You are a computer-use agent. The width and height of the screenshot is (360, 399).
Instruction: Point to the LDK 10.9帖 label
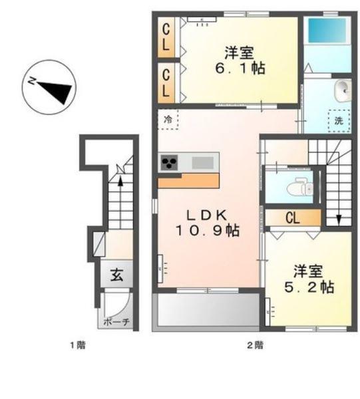tap(207, 223)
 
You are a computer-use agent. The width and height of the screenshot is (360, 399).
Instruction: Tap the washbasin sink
tap(342, 88)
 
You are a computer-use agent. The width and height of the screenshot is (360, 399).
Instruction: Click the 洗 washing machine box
tap(339, 121)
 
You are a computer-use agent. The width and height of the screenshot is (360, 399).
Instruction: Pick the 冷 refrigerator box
tap(168, 120)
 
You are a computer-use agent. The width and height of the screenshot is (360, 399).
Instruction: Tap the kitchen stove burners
tap(170, 163)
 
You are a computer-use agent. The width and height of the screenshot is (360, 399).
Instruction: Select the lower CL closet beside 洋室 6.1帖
tap(167, 80)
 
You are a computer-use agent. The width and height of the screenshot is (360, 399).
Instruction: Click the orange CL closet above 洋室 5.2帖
tap(293, 217)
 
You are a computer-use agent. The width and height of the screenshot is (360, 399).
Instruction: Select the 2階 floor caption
tap(254, 344)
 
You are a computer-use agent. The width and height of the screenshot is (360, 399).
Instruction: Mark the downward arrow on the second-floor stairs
tap(339, 218)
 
